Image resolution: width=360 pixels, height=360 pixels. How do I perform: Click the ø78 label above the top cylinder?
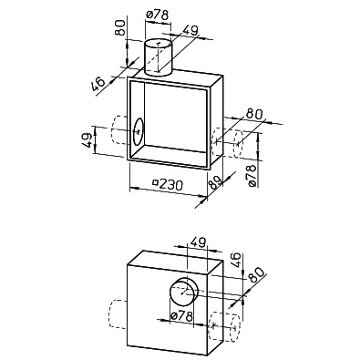click(157, 15)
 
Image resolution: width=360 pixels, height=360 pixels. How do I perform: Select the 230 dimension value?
click(170, 184)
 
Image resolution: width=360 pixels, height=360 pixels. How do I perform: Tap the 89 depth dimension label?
click(215, 183)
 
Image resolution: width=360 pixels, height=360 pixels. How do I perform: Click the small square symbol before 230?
click(156, 182)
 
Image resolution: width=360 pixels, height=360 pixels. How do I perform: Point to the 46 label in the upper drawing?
click(98, 84)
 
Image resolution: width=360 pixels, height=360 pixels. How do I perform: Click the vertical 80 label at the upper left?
click(120, 27)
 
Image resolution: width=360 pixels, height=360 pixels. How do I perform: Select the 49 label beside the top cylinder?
click(190, 30)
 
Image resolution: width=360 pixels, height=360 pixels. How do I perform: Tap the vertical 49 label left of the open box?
click(87, 140)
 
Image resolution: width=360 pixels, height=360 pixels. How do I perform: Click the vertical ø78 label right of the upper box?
click(252, 176)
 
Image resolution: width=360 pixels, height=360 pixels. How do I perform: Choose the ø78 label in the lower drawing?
click(181, 316)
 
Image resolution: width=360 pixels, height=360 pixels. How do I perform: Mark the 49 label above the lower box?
click(198, 242)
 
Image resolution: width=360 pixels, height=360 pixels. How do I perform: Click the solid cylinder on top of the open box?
click(159, 57)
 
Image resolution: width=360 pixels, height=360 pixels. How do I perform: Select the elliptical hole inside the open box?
click(139, 132)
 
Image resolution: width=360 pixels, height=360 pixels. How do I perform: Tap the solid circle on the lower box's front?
click(184, 292)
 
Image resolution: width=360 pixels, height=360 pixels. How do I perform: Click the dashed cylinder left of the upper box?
click(119, 130)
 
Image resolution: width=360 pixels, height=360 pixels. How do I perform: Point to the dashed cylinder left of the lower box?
click(118, 314)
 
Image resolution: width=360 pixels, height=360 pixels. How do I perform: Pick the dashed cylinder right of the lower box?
click(225, 327)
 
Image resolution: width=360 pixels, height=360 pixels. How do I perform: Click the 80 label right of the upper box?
click(254, 114)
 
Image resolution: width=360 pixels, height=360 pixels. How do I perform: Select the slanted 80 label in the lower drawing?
click(256, 275)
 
